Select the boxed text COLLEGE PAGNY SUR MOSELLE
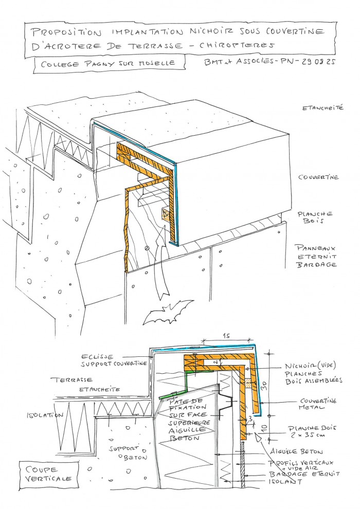coord(103,63)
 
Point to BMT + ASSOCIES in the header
coord(231,63)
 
